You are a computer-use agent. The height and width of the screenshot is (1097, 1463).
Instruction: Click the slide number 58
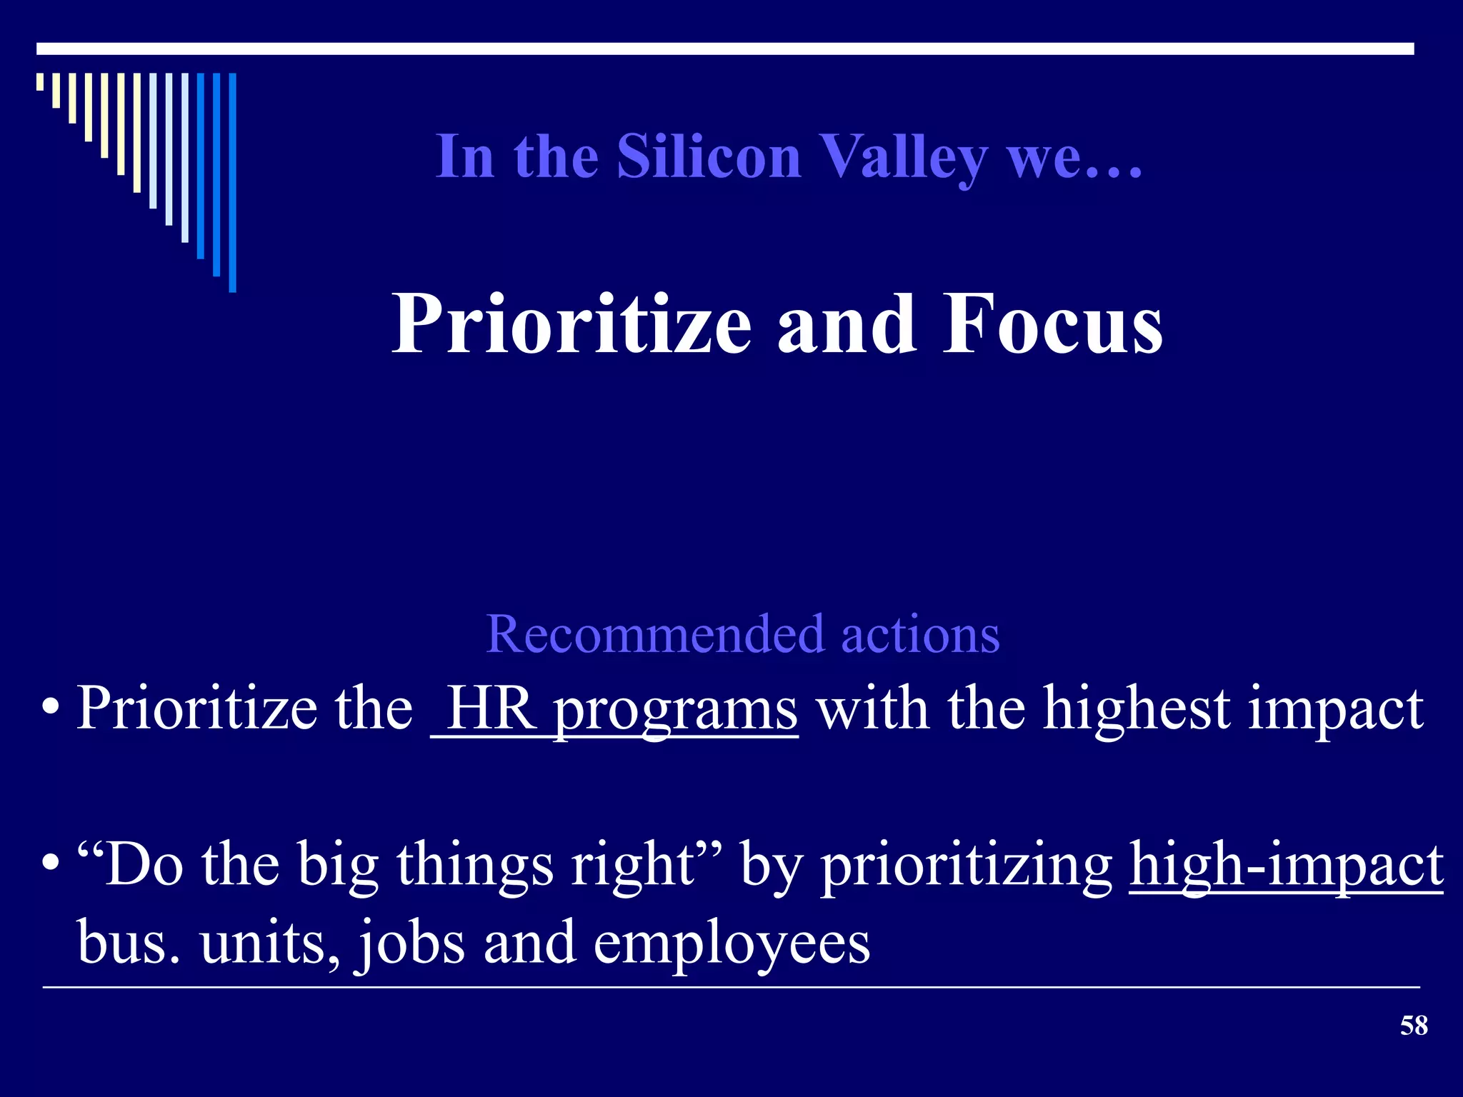(x=1413, y=1026)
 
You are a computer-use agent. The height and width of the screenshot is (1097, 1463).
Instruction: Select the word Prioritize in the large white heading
(x=571, y=325)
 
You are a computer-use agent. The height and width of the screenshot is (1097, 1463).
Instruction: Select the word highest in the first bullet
(x=1136, y=708)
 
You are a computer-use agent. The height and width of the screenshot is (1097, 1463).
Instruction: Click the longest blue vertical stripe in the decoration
(x=232, y=182)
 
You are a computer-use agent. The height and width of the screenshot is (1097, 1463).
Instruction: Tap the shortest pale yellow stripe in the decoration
(x=40, y=81)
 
